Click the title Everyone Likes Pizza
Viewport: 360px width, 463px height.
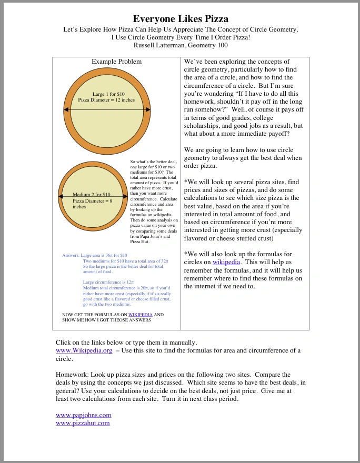click(x=181, y=19)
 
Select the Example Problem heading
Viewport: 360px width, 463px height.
click(x=116, y=62)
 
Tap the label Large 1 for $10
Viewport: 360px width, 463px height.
click(x=108, y=94)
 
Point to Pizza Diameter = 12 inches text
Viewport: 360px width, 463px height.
click(x=106, y=99)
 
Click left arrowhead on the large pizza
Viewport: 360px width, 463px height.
click(x=66, y=109)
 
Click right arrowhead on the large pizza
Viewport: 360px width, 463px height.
click(x=148, y=109)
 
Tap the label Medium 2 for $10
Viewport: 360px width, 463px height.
click(x=91, y=195)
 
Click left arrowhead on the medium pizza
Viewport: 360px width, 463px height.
click(x=61, y=198)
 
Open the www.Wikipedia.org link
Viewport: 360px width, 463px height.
click(x=84, y=350)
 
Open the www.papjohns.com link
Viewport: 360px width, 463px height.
click(x=83, y=415)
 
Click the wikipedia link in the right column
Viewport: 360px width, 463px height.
click(x=226, y=261)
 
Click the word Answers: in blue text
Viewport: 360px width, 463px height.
click(x=71, y=255)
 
